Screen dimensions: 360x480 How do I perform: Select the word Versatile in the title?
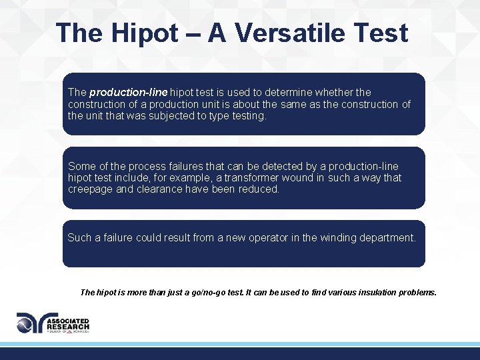coord(295,33)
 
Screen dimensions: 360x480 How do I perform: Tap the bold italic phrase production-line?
coord(129,92)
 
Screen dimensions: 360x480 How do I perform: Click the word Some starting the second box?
coord(81,165)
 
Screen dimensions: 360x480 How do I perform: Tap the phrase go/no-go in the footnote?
coord(193,292)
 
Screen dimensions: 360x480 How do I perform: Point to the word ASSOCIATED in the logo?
coord(68,320)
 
